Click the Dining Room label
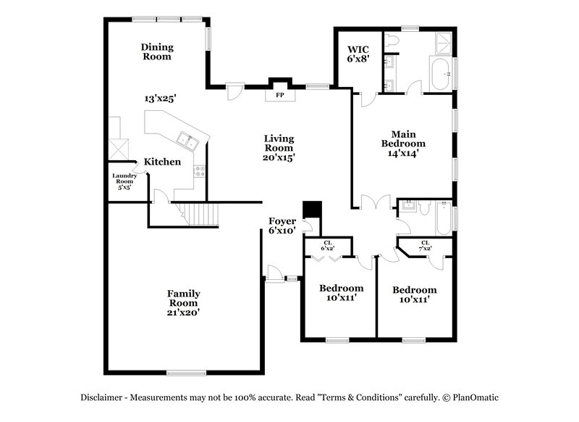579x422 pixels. (156, 51)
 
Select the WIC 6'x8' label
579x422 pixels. (358, 55)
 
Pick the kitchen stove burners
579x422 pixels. (200, 172)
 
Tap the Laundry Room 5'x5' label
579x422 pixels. (125, 182)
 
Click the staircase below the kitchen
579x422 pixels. (200, 215)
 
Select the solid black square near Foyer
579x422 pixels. (313, 209)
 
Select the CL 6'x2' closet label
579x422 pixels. (328, 246)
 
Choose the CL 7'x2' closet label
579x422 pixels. (425, 246)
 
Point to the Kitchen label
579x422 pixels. (162, 162)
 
